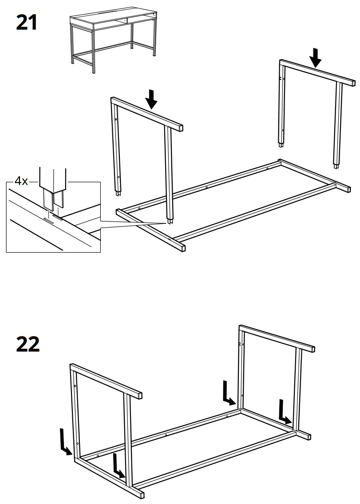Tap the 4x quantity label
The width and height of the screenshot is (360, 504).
(x=21, y=181)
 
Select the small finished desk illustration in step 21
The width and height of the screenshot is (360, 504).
(x=113, y=40)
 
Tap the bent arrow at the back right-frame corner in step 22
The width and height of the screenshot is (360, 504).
(x=229, y=393)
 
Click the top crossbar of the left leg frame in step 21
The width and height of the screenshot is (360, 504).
(x=146, y=113)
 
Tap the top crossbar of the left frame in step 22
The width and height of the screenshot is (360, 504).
(x=107, y=381)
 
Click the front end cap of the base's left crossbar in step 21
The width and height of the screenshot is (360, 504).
(x=181, y=247)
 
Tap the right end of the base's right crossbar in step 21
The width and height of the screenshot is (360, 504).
(x=347, y=189)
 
